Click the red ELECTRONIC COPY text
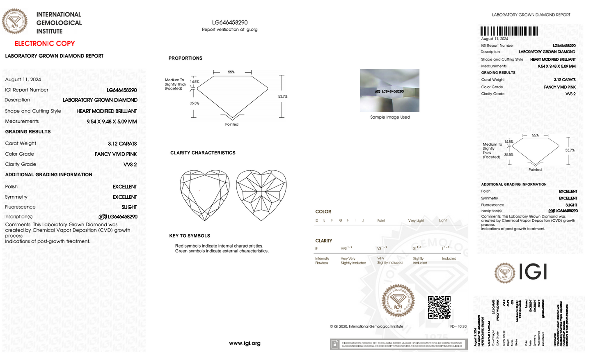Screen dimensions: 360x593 pyautogui.click(x=45, y=44)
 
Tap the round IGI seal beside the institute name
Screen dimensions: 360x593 pyautogui.click(x=15, y=21)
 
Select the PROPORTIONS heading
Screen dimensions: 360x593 pyautogui.click(x=185, y=58)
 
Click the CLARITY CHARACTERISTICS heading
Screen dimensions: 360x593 pyautogui.click(x=203, y=153)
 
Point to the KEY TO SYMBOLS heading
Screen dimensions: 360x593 pyautogui.click(x=190, y=236)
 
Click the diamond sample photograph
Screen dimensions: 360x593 pyautogui.click(x=389, y=90)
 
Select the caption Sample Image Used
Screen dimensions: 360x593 pyautogui.click(x=390, y=117)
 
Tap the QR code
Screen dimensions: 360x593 pyautogui.click(x=439, y=307)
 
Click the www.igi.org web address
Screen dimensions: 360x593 pyautogui.click(x=245, y=343)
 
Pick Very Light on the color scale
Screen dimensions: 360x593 pyautogui.click(x=416, y=220)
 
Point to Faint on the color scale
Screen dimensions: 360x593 pyautogui.click(x=381, y=220)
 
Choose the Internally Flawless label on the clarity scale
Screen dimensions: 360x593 pyautogui.click(x=322, y=261)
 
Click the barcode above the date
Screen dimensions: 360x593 pyautogui.click(x=509, y=31)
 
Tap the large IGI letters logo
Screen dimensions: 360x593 pyautogui.click(x=533, y=272)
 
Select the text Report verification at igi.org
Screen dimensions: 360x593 pyautogui.click(x=229, y=30)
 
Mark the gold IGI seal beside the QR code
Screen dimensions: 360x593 pyautogui.click(x=398, y=301)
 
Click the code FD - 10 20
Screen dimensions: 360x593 pyautogui.click(x=458, y=326)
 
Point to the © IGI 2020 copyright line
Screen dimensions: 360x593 pyautogui.click(x=366, y=326)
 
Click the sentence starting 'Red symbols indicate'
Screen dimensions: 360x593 pyautogui.click(x=219, y=246)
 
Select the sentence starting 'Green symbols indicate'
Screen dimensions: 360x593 pyautogui.click(x=222, y=251)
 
